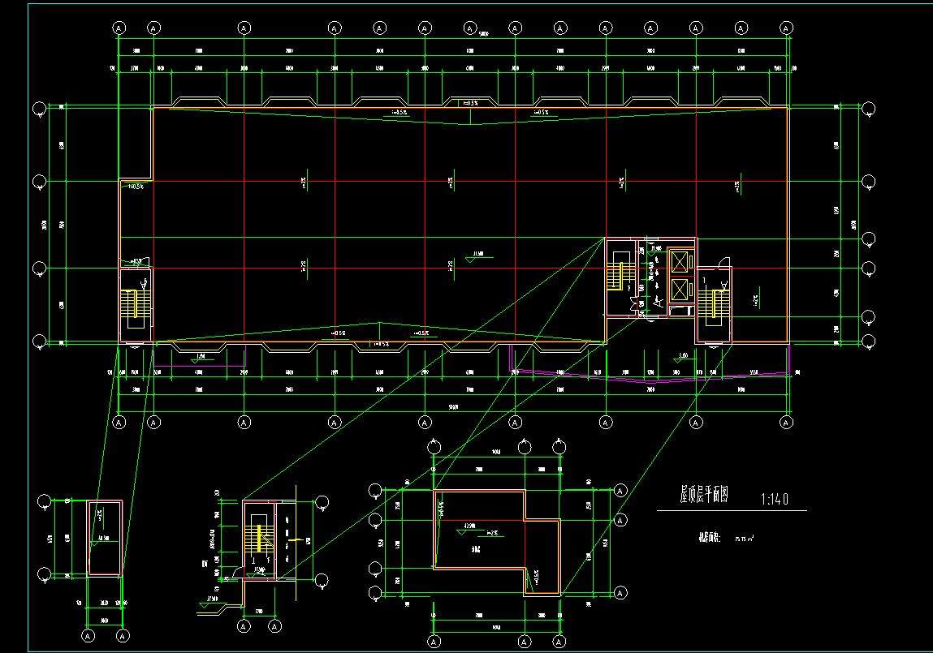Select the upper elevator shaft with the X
click(x=677, y=262)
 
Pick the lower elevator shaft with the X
click(x=677, y=289)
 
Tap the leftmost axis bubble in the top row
click(x=119, y=28)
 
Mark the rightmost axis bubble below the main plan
click(x=786, y=422)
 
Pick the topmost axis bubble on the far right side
click(x=868, y=109)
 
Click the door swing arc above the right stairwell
click(x=724, y=261)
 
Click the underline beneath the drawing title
click(x=731, y=511)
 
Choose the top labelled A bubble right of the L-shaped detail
click(x=620, y=491)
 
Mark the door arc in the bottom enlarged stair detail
click(x=237, y=572)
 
